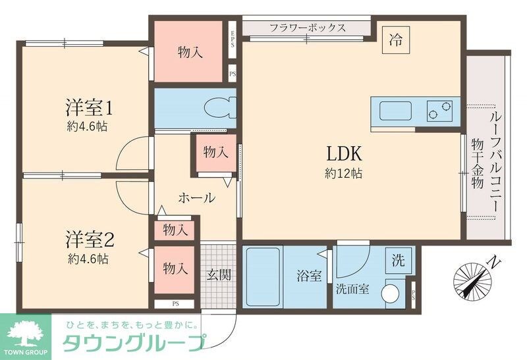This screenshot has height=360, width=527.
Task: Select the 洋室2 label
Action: [x=91, y=237]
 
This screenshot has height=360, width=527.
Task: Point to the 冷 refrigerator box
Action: [x=395, y=39]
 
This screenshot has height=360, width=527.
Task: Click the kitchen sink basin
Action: [x=393, y=110]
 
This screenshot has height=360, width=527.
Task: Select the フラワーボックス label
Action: [x=308, y=28]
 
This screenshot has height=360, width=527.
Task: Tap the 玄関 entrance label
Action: [x=219, y=275]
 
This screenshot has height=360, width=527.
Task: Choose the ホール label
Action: [x=196, y=197]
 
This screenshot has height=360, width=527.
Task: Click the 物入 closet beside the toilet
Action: [x=215, y=152]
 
